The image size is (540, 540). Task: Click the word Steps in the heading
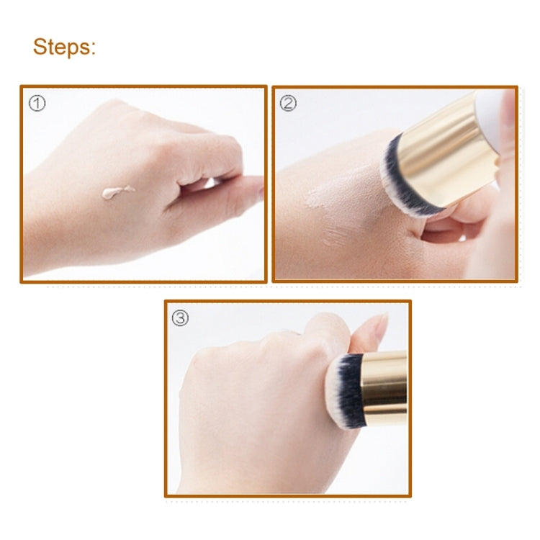coord(63,48)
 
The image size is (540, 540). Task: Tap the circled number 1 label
coord(37,103)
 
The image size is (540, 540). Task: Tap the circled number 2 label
coord(288,103)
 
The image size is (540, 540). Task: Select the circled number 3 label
coord(180,318)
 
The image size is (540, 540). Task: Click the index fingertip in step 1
coord(256,189)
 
